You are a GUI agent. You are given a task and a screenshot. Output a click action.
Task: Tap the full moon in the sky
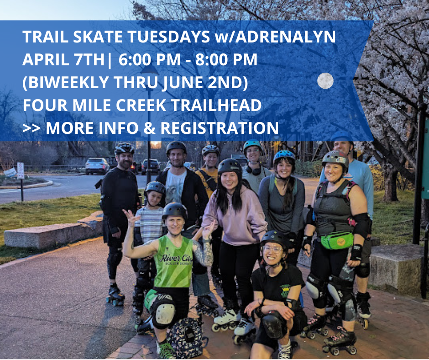[x=325, y=81]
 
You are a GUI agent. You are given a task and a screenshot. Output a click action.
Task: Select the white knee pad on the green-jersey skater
[x=164, y=312]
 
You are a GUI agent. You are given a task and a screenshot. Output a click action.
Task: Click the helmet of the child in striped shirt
[x=155, y=188]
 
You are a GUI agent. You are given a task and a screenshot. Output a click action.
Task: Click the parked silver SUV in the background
[x=97, y=165]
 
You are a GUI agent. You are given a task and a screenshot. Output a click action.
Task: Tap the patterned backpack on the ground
[x=185, y=338]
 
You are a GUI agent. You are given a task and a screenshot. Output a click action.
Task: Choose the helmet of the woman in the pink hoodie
[x=230, y=166]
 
